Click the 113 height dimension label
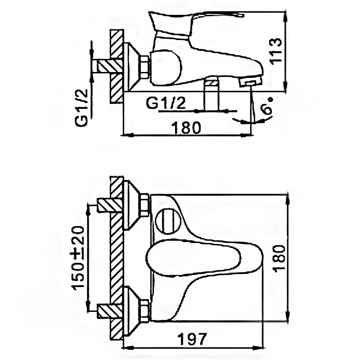[x=275, y=51]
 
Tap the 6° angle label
[x=267, y=106]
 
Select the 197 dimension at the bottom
[x=193, y=339]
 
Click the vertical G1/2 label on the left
[x=81, y=108]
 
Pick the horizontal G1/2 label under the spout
[x=166, y=103]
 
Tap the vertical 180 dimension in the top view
[x=279, y=258]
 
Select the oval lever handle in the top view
[x=193, y=257]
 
